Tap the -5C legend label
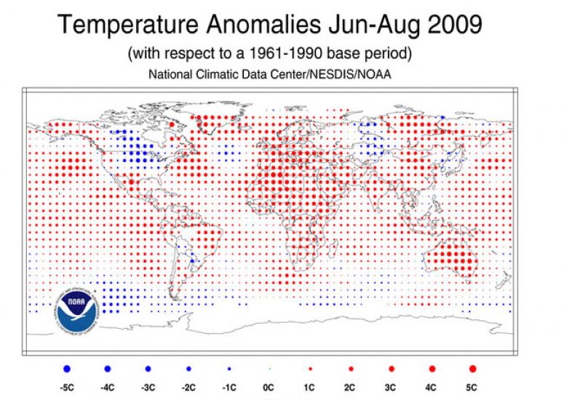(67, 385)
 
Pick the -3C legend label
(148, 385)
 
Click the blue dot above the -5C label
(68, 369)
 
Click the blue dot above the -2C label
(190, 369)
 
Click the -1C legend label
(230, 385)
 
